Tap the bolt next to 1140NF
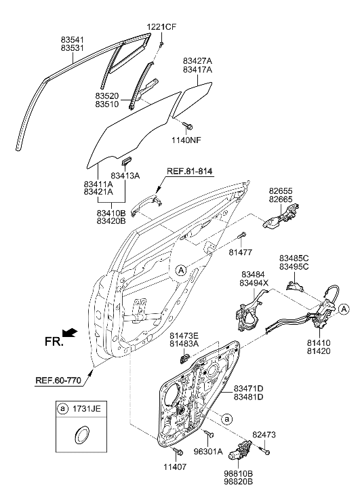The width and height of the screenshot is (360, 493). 186,125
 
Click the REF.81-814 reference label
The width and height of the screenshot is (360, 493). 186,170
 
